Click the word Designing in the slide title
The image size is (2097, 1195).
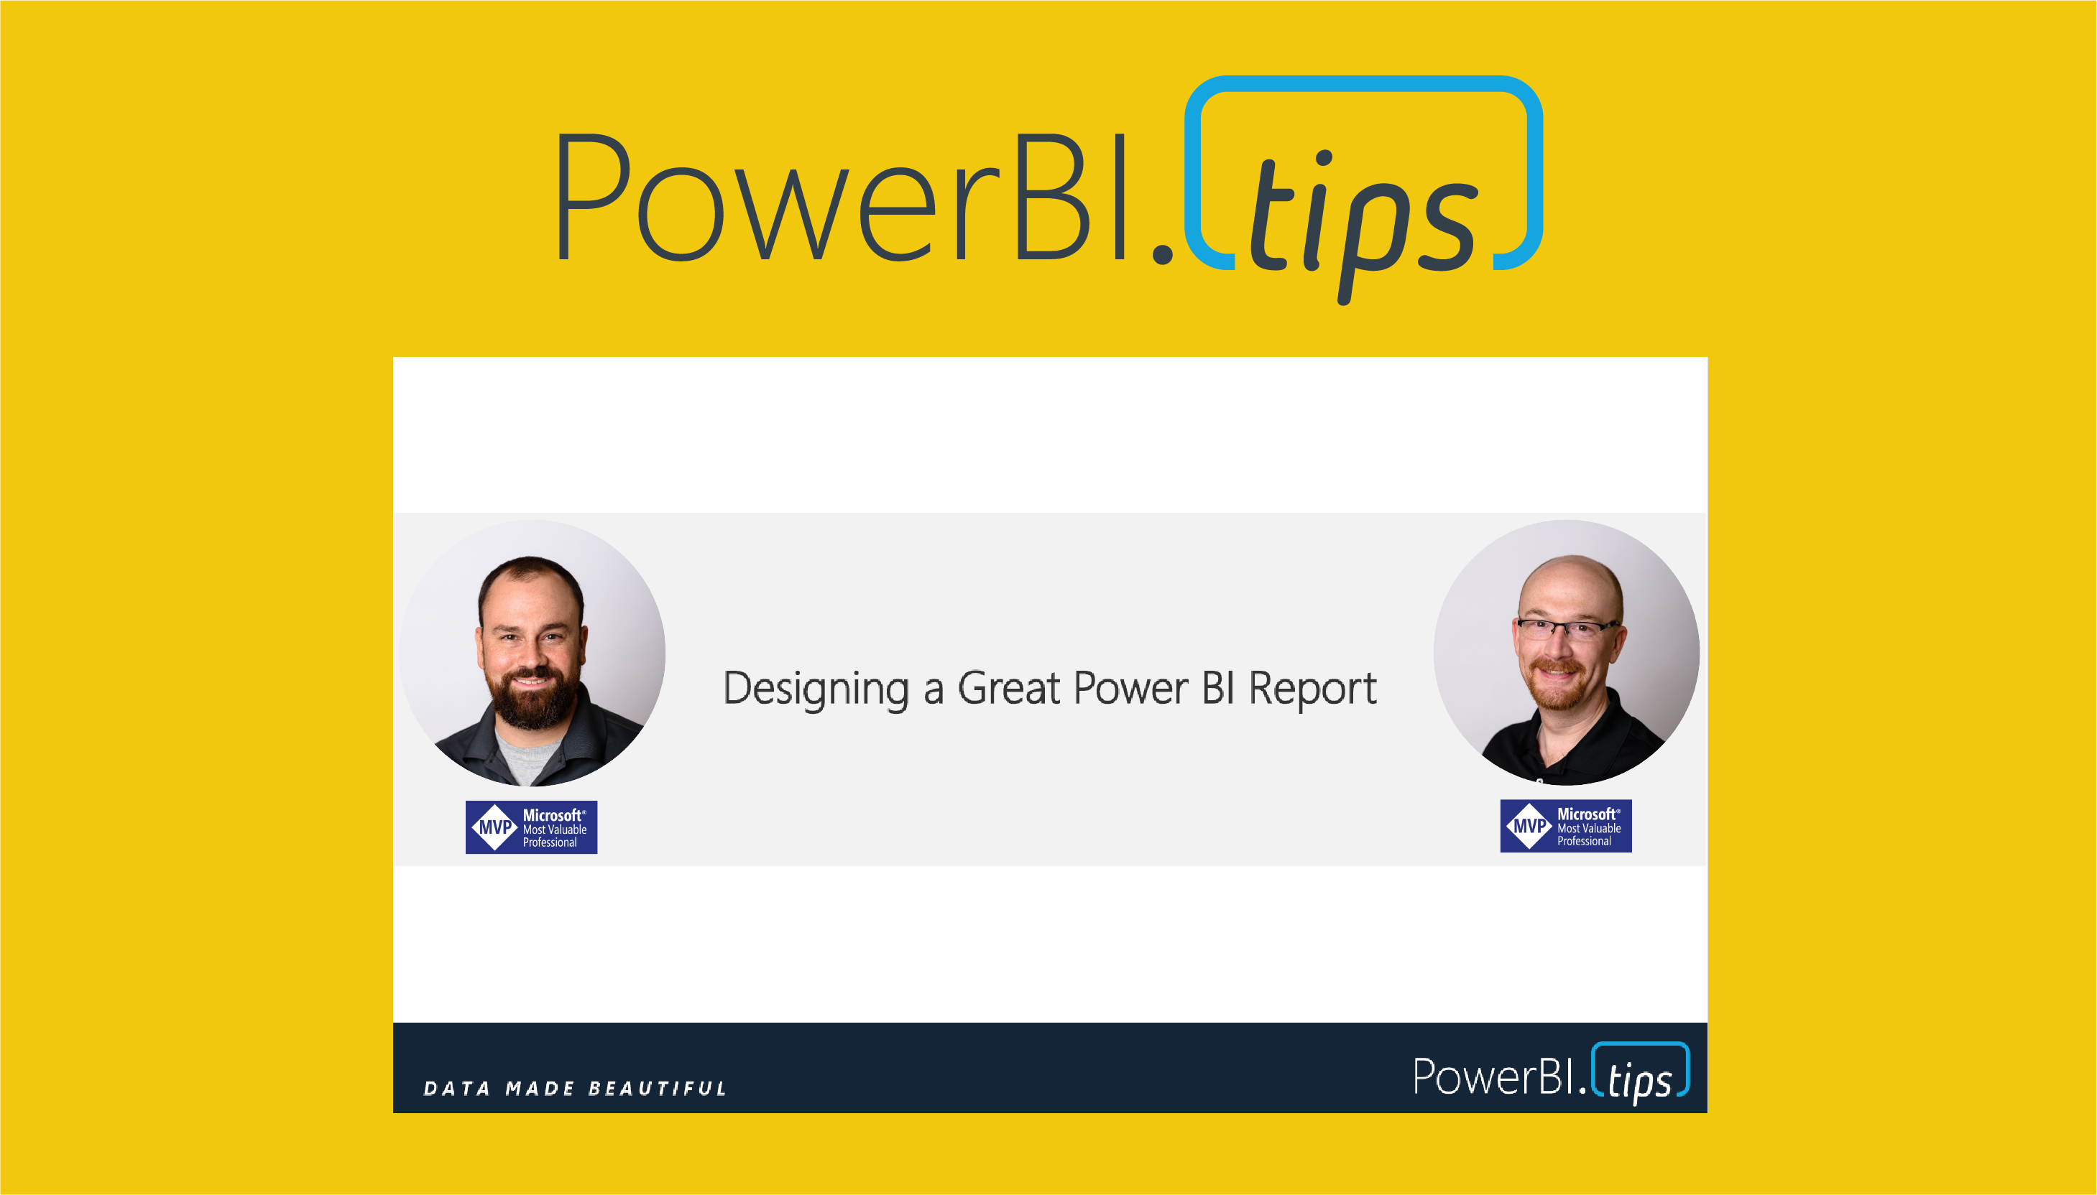point(816,689)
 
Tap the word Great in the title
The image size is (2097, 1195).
point(1009,688)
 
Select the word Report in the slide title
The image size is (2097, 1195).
point(1312,689)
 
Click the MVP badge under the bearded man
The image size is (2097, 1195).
point(531,827)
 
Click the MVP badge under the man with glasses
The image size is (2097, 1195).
point(1566,826)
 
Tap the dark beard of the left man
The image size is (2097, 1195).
point(532,697)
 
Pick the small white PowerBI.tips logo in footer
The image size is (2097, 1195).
point(1550,1074)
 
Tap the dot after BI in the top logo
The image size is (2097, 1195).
point(1162,254)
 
